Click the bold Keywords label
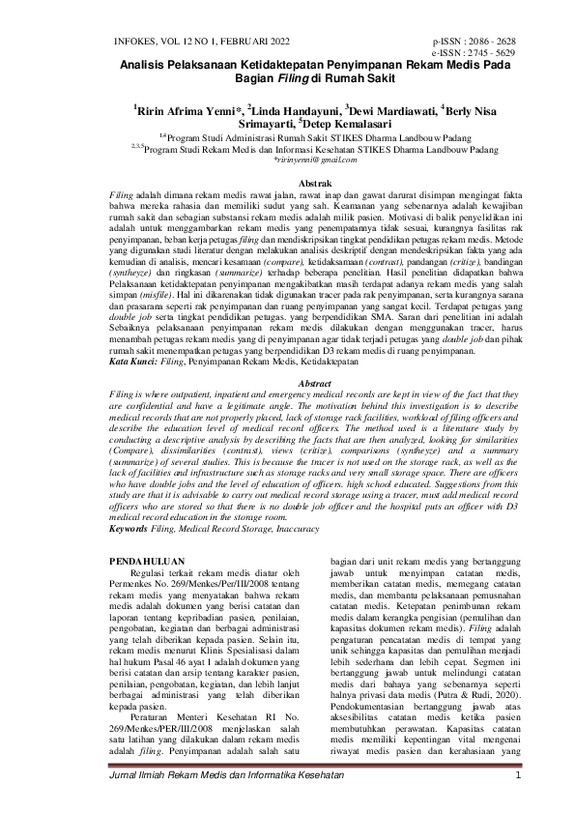129,529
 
